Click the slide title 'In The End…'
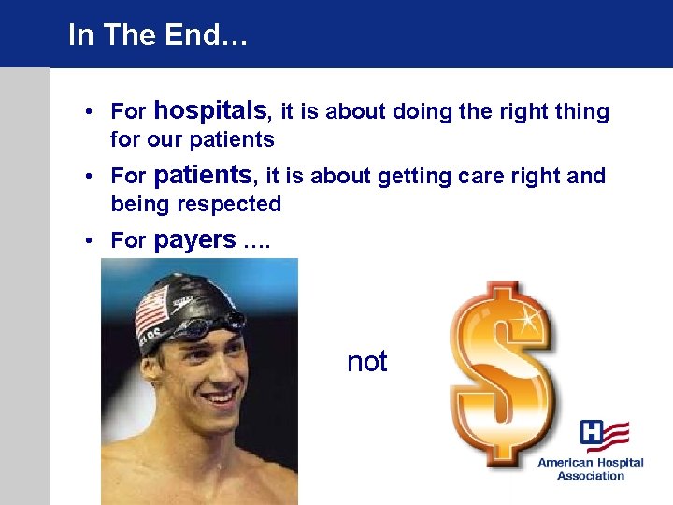coord(158,35)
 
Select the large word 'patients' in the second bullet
coord(202,175)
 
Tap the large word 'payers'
coord(194,239)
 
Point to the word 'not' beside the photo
coord(366,362)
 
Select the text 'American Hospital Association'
coord(590,469)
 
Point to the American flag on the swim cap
coord(150,314)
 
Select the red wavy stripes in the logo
coord(618,434)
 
